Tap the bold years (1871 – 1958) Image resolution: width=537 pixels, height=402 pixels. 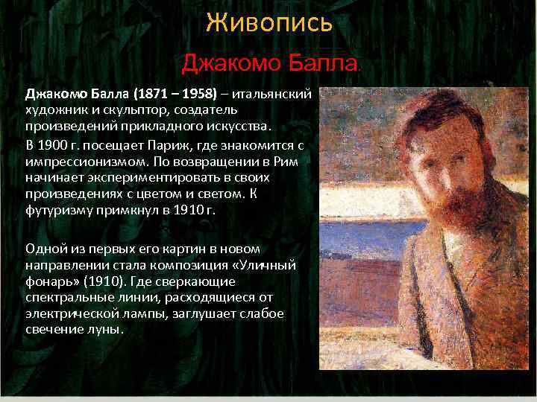click(175, 95)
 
